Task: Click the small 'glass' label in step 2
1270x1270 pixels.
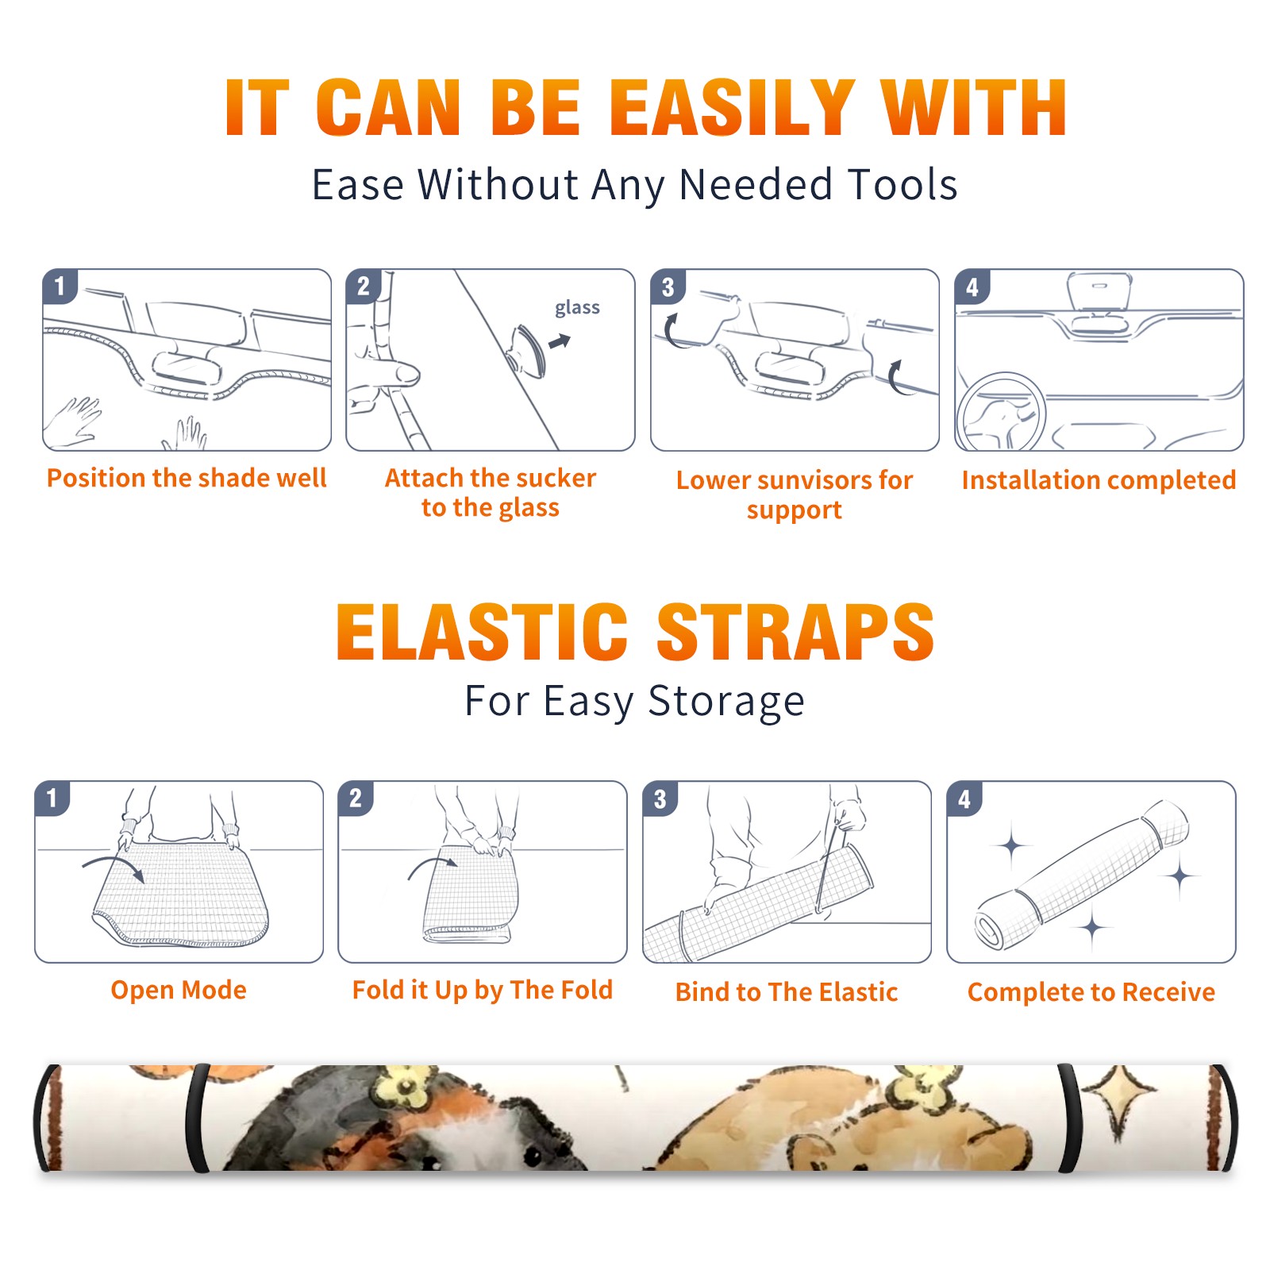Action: coord(577,307)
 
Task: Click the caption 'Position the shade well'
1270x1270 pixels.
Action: coord(187,478)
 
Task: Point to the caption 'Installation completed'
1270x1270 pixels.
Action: coord(1099,480)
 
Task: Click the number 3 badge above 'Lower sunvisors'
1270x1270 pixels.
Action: coord(668,287)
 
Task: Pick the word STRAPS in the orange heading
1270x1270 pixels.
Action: coord(795,632)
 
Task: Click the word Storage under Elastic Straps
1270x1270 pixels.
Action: coord(726,702)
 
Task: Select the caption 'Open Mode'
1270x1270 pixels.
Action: coord(179,990)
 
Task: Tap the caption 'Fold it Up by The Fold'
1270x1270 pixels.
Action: coord(483,990)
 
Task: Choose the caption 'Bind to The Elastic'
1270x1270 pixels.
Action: coord(786,992)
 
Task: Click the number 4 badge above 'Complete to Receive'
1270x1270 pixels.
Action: coord(964,799)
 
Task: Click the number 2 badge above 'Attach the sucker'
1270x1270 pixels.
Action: coord(364,287)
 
